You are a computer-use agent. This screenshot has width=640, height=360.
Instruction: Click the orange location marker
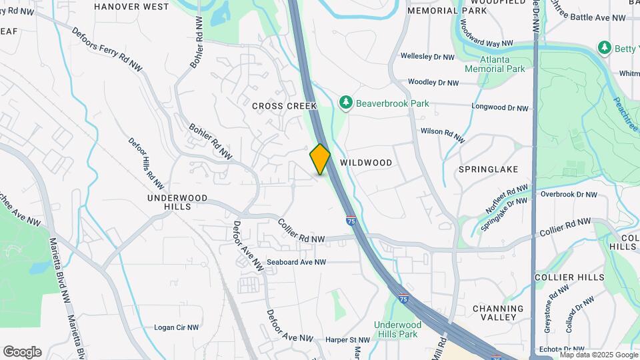tap(320, 159)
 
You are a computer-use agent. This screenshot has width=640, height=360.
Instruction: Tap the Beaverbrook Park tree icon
tap(345, 103)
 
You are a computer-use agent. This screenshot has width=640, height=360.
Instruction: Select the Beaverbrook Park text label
tap(392, 103)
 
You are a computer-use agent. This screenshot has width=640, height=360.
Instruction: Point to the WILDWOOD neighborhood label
tap(366, 163)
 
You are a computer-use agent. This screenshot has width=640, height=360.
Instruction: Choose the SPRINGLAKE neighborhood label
tap(489, 169)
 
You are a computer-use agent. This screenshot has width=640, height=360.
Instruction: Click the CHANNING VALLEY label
tap(498, 313)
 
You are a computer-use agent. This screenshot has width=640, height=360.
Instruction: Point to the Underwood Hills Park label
tap(395, 329)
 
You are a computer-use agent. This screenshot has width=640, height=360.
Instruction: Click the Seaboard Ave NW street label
tap(297, 262)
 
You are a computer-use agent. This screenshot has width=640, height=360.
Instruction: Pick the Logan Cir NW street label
tap(177, 327)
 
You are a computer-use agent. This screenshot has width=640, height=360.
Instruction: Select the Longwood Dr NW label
tap(499, 107)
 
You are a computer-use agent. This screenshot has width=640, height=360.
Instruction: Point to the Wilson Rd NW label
tap(442, 135)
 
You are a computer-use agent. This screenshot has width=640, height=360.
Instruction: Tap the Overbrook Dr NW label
tap(569, 195)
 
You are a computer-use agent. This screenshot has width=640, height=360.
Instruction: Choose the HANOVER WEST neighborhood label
tap(131, 7)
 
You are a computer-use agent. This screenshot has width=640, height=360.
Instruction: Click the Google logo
tap(22, 352)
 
